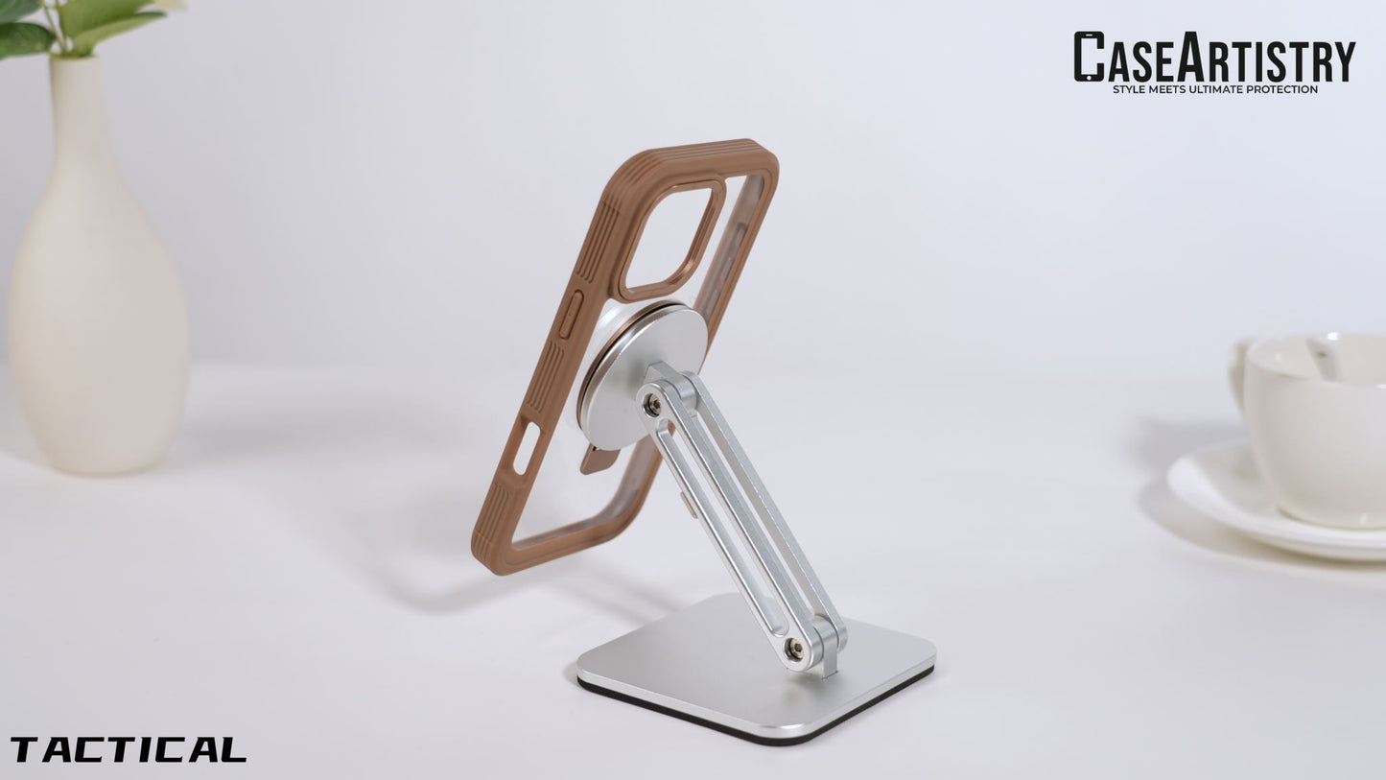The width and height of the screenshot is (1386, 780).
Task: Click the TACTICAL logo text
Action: [x=129, y=749]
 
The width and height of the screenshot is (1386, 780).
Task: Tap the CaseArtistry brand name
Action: [x=1214, y=57]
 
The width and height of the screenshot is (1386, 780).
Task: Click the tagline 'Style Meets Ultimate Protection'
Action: [x=1215, y=89]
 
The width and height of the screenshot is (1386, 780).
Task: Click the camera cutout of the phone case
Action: [x=672, y=238]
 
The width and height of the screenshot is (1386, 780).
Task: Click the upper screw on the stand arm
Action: [x=651, y=405]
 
